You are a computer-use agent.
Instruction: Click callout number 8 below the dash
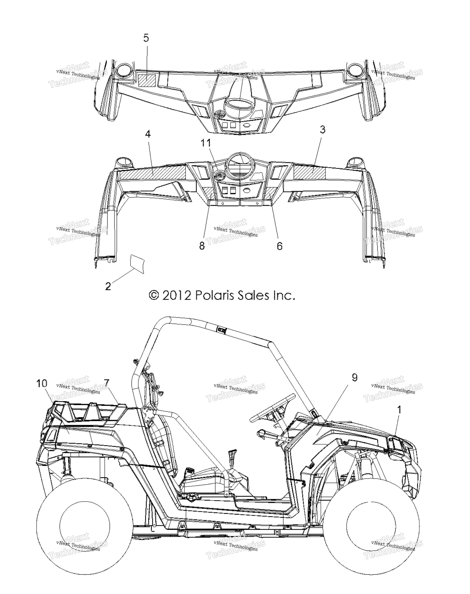[202, 246]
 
